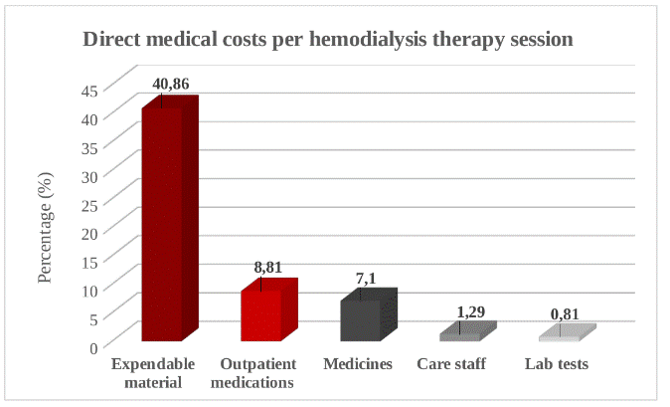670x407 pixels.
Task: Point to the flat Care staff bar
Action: point(461,333)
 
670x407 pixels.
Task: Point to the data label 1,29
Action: point(471,312)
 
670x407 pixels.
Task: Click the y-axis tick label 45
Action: point(88,89)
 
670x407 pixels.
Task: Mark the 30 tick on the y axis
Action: point(88,175)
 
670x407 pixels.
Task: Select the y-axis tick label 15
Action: point(88,261)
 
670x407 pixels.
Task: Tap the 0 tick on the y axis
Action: point(93,347)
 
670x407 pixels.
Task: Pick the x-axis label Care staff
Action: point(451,363)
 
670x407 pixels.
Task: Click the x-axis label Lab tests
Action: point(557,363)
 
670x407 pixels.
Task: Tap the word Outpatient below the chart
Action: point(256,363)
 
